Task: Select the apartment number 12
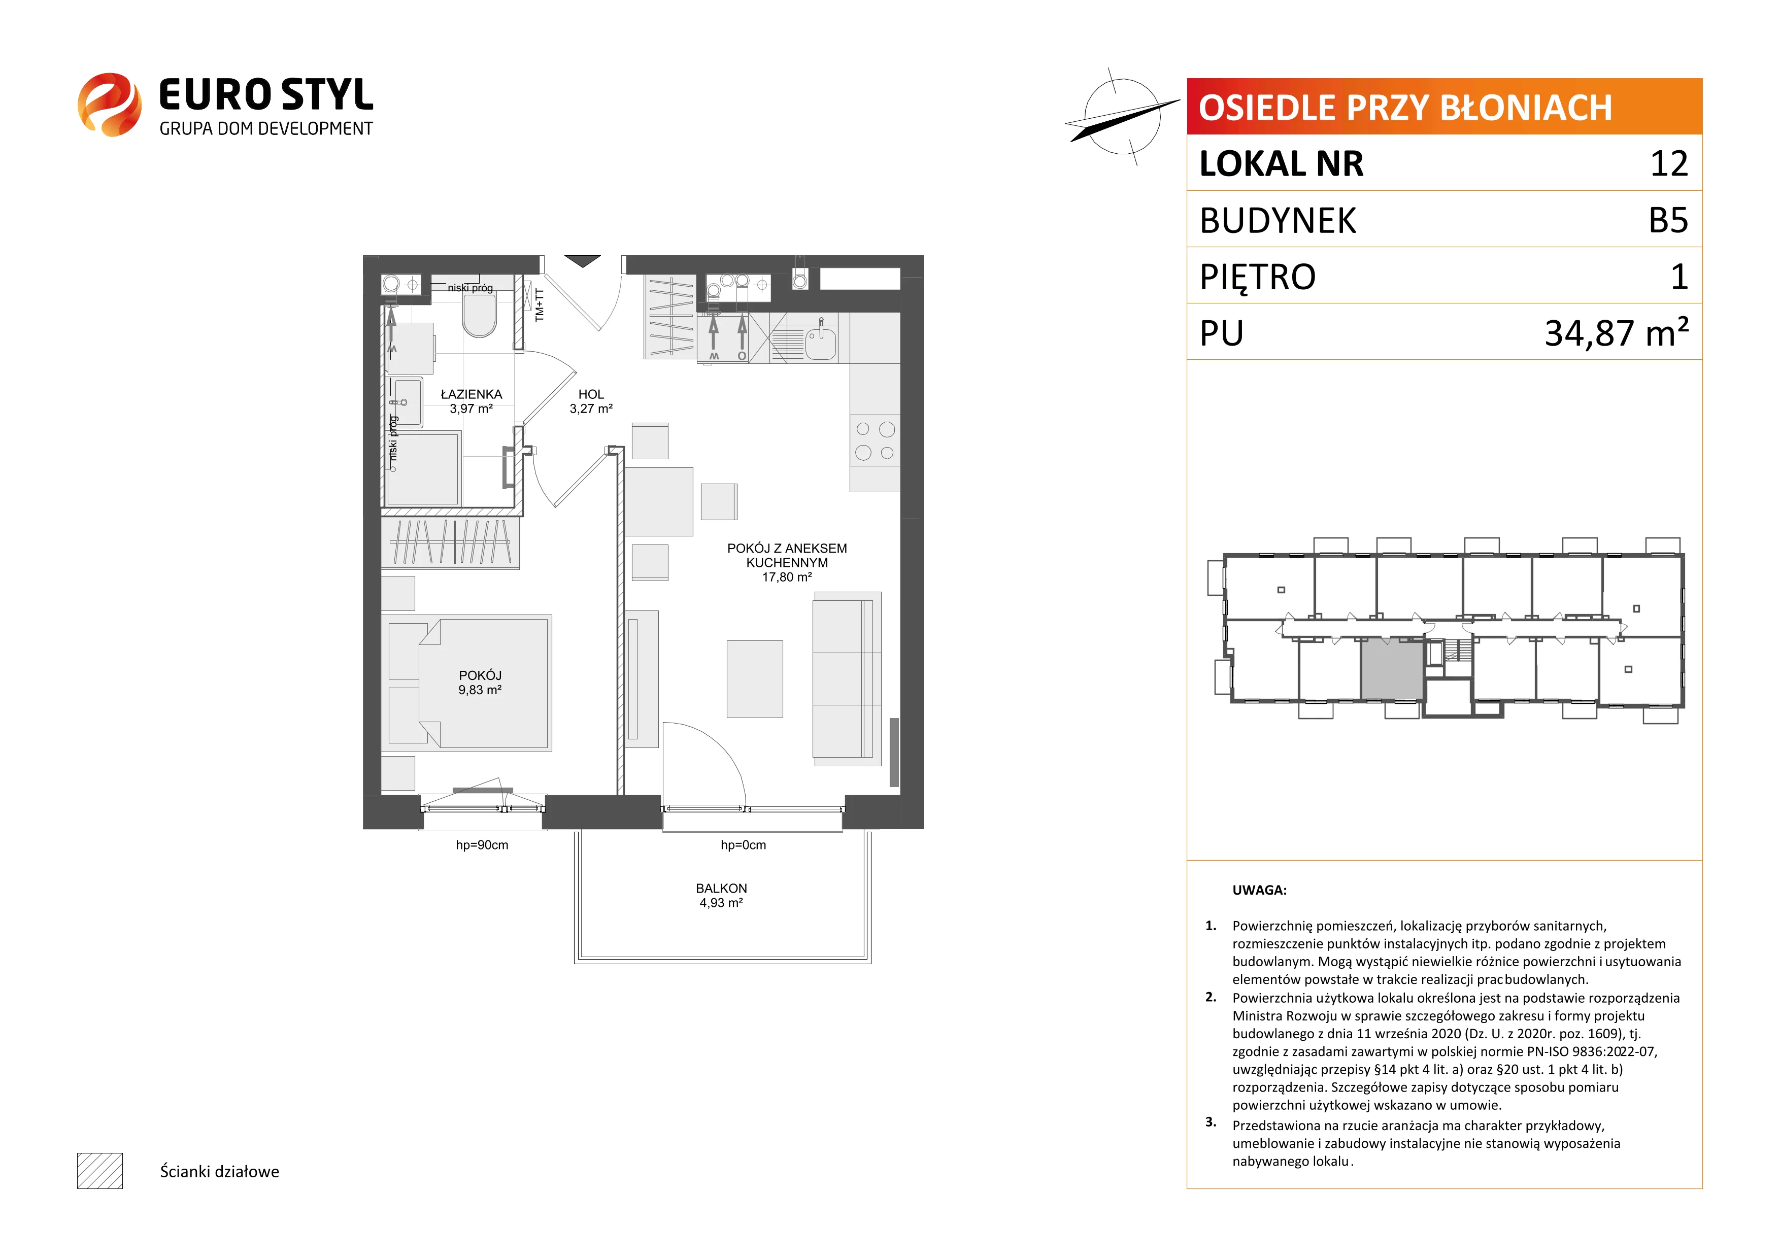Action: tap(1669, 163)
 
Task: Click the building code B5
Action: tap(1668, 220)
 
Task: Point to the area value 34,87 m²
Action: tap(1617, 332)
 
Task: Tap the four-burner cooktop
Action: tap(875, 440)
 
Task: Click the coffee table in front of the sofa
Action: tap(754, 679)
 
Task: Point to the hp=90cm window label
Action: tap(482, 845)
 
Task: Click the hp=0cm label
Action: tap(743, 845)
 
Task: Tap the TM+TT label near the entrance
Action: tap(540, 304)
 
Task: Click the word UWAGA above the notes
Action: tap(1259, 890)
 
